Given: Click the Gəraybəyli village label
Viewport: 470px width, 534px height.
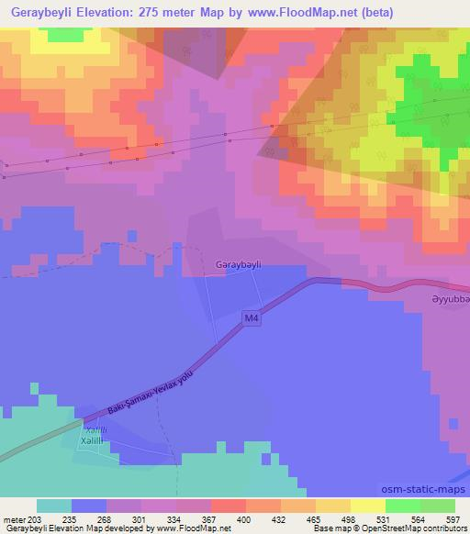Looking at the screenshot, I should point(238,263).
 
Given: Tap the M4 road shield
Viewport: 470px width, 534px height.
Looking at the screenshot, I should point(252,318).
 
